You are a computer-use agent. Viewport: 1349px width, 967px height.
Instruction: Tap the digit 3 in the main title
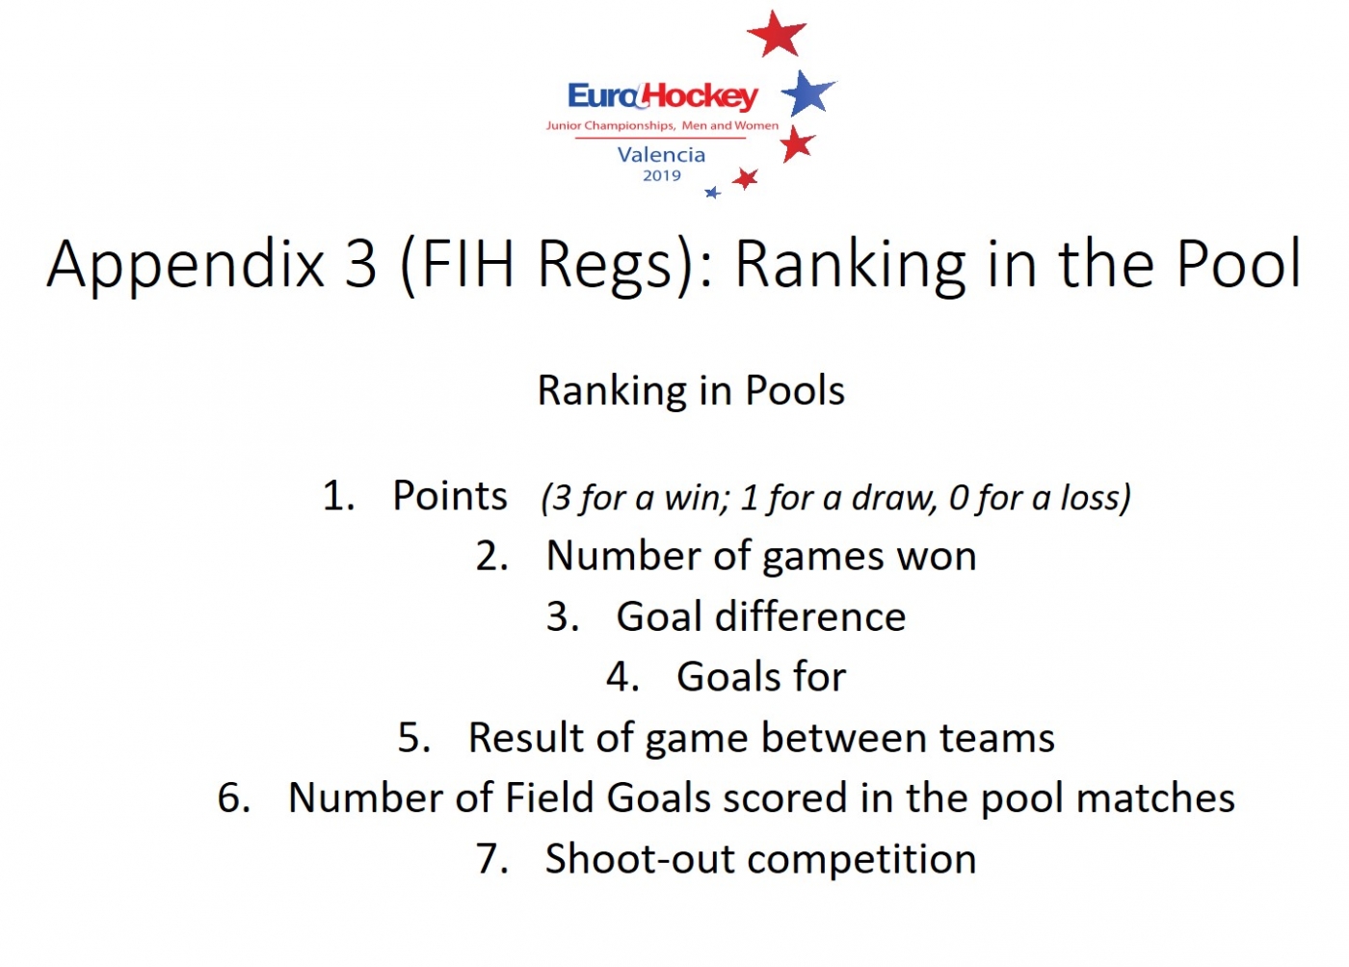click(360, 263)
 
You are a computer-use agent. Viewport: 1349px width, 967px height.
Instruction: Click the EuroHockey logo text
click(663, 96)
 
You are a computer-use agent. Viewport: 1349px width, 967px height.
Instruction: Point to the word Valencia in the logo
click(661, 155)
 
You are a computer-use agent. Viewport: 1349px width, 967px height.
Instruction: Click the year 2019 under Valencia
click(662, 176)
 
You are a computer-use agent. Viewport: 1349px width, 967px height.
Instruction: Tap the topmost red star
click(777, 33)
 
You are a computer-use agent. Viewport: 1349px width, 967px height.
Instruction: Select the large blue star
click(807, 92)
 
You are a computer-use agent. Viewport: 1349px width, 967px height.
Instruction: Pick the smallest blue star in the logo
click(713, 193)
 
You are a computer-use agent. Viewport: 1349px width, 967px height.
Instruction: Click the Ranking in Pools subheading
click(691, 391)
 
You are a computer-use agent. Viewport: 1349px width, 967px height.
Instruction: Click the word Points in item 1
click(450, 496)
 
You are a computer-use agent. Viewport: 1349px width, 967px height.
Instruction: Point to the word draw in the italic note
click(894, 498)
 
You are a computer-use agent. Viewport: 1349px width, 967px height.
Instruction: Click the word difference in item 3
click(810, 616)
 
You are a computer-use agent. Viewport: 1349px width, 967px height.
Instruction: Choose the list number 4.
click(621, 677)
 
